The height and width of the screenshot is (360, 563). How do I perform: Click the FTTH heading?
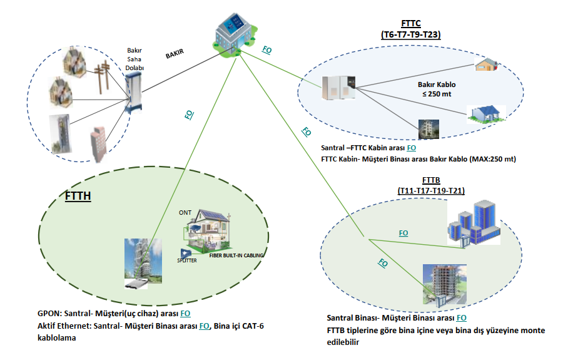click(78, 196)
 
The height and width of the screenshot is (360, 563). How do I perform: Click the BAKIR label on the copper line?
click(178, 55)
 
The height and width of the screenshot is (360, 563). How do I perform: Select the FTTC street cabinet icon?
click(338, 88)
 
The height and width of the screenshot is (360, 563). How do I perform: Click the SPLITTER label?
click(187, 260)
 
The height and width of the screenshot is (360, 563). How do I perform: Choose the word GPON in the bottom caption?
click(49, 313)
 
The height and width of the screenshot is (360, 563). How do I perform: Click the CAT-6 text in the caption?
click(258, 326)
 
